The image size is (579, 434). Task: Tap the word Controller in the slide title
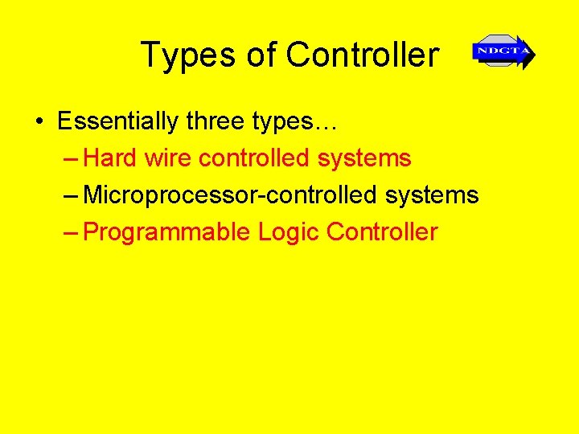point(363,55)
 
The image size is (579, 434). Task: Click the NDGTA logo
point(503,52)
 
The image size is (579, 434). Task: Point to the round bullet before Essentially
point(39,122)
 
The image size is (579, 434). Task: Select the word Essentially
point(118,122)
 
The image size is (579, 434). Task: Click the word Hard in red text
point(110,158)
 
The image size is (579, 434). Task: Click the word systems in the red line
point(364,159)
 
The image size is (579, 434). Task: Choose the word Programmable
point(167,232)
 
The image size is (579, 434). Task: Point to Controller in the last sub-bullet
point(382,232)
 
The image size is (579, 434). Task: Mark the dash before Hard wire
point(71,159)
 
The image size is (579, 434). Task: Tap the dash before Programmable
point(71,233)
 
